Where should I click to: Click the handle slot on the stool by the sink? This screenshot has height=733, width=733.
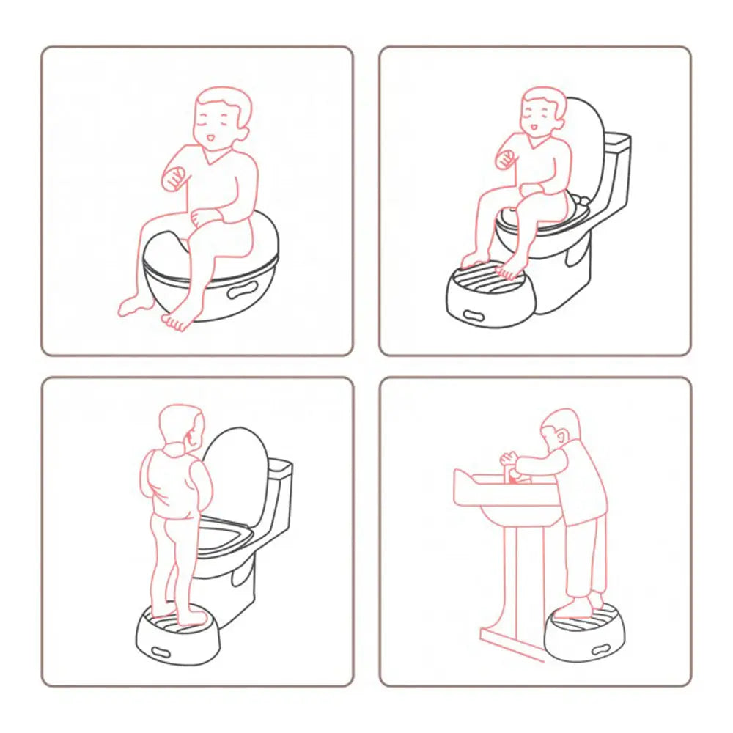tap(603, 648)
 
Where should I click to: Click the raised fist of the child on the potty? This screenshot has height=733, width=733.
tap(173, 178)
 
